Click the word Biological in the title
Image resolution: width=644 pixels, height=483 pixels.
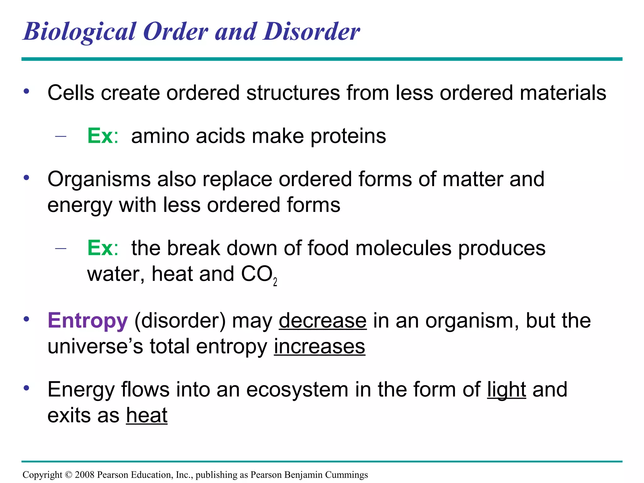tap(80, 32)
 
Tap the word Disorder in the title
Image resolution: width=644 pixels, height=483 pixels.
tap(312, 31)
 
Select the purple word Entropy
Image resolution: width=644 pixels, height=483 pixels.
tap(88, 321)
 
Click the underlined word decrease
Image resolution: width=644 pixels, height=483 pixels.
tap(323, 321)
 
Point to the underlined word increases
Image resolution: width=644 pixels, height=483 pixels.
tap(319, 347)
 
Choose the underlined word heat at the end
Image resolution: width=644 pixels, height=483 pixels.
tap(147, 416)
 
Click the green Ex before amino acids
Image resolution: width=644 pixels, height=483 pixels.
tap(100, 136)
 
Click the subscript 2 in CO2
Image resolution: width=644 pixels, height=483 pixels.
tap(275, 282)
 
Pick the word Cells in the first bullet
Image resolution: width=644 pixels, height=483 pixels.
tap(71, 93)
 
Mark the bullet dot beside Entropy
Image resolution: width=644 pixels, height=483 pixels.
tap(26, 319)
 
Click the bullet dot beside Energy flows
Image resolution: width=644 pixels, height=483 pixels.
tap(26, 388)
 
